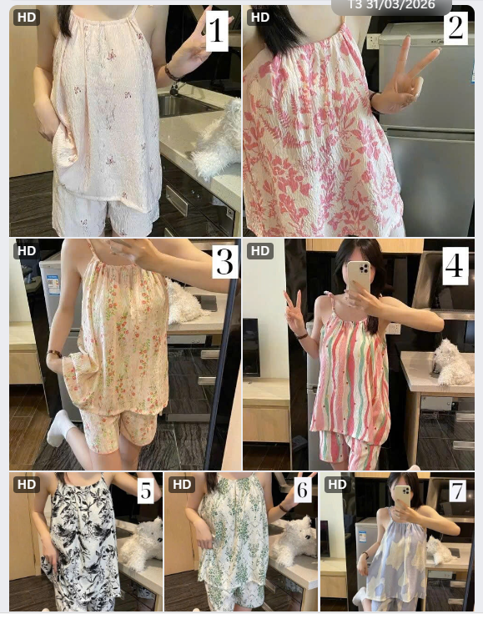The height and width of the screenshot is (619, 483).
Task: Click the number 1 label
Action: (x=216, y=31)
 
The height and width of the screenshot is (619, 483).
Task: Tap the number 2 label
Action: (x=455, y=28)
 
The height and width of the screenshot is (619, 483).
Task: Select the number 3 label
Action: (x=225, y=261)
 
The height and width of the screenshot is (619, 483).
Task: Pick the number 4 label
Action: (x=455, y=266)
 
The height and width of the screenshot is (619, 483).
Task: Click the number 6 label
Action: (x=302, y=490)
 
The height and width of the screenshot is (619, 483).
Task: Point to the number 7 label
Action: (x=457, y=491)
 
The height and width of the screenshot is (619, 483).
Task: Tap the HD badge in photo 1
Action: (x=27, y=18)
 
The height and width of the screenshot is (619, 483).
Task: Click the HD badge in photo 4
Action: (x=260, y=251)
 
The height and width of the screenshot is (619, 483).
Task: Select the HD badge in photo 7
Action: (x=337, y=485)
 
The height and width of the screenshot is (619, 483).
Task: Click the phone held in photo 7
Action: (x=402, y=496)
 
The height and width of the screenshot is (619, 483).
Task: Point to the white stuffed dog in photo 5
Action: (x=142, y=544)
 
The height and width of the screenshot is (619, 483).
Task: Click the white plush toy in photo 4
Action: (x=451, y=362)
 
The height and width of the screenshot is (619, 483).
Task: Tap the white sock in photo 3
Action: (x=60, y=428)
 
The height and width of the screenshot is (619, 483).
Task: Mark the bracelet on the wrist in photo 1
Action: (x=172, y=73)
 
